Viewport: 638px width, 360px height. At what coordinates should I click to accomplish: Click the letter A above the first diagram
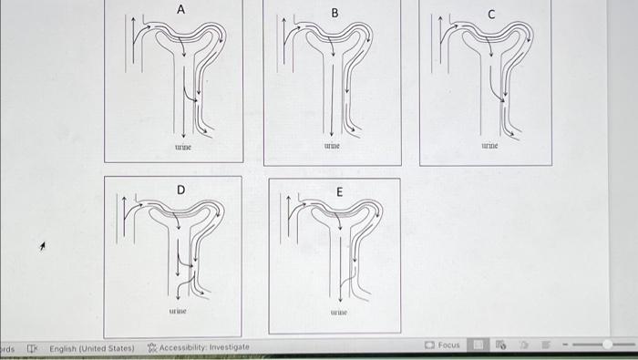[x=180, y=9]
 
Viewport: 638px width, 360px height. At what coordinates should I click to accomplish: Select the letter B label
[x=334, y=13]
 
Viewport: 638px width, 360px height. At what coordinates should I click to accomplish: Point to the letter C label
[x=491, y=14]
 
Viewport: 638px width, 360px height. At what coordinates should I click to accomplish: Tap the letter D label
[x=180, y=189]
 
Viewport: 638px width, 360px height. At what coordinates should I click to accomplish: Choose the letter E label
[x=339, y=192]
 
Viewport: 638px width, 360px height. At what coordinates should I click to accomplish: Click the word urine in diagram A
[x=183, y=146]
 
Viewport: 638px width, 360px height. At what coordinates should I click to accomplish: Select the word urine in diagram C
[x=490, y=145]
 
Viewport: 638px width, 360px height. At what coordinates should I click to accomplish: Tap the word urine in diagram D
[x=177, y=311]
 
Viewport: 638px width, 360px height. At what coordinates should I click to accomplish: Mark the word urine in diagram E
[x=339, y=313]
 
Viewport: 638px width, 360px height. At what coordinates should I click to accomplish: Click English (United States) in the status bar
[x=91, y=347]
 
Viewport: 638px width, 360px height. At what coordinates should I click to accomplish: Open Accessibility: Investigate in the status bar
[x=198, y=347]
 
